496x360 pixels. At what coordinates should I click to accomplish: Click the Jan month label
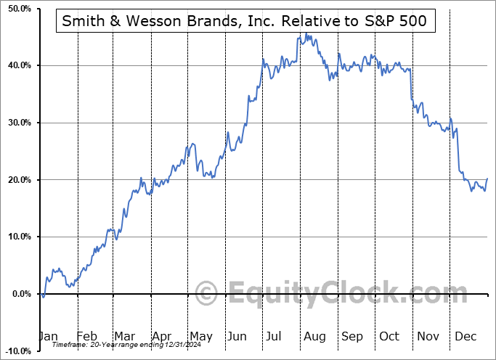[48, 337]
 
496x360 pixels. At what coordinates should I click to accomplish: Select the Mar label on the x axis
[124, 337]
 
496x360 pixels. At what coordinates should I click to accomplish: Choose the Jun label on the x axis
[237, 337]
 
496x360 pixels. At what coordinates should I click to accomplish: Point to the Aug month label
[314, 337]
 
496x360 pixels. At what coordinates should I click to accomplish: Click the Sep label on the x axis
[352, 337]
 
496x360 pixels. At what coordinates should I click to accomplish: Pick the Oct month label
[389, 337]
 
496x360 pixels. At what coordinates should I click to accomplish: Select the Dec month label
[465, 337]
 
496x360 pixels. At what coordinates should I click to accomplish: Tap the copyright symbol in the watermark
[207, 294]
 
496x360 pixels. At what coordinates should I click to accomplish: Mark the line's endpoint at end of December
[487, 179]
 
